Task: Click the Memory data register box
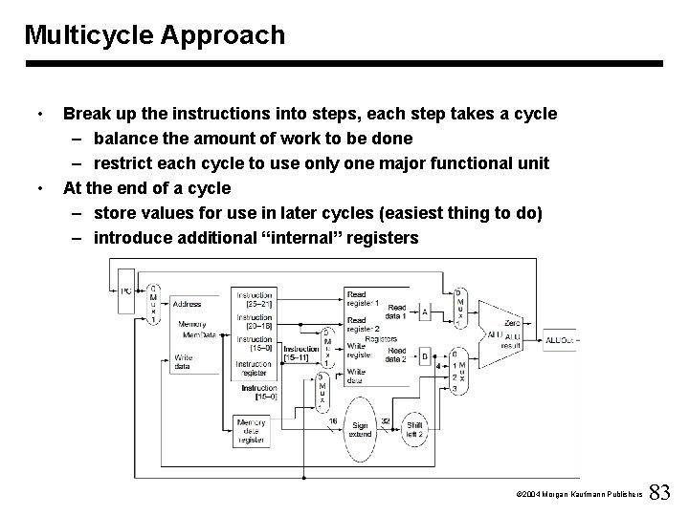253,427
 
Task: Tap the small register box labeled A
424,312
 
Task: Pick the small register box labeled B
424,355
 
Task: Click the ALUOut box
559,339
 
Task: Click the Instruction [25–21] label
255,299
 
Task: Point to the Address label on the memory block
188,304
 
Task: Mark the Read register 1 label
363,298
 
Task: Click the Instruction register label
255,367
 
